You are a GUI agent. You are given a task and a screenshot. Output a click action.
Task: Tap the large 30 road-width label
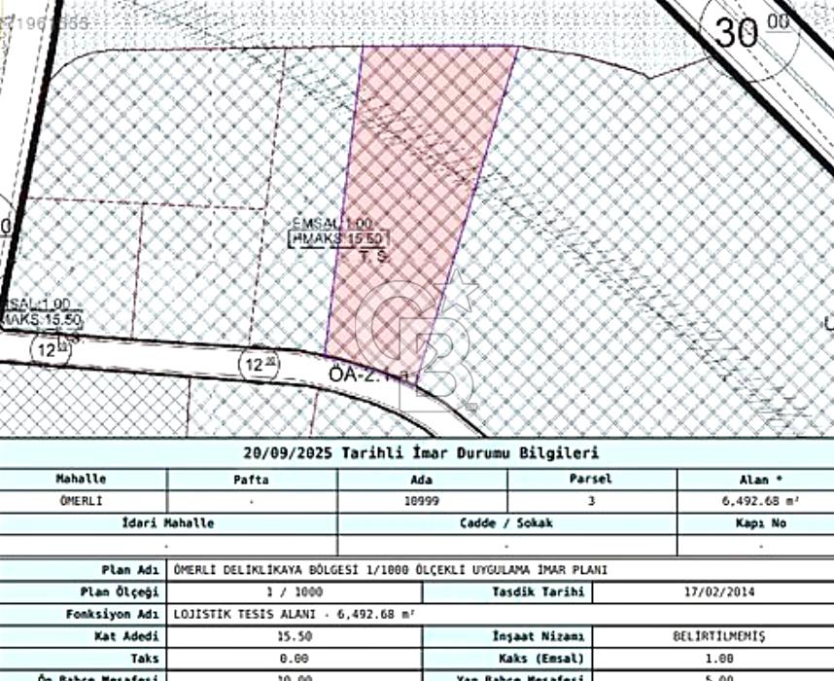(x=738, y=31)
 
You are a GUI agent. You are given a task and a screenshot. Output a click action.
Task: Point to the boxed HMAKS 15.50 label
(x=339, y=238)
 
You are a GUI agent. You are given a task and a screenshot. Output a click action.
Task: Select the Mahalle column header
(x=82, y=479)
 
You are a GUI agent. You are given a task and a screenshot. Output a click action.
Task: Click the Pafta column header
(x=251, y=479)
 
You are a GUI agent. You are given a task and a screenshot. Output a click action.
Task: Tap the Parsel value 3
(x=590, y=501)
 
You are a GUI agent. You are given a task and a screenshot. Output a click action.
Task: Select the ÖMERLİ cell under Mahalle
(x=82, y=501)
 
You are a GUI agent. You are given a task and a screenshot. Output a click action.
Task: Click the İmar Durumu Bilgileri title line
(x=421, y=453)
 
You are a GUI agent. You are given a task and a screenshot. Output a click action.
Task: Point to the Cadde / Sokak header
(x=505, y=523)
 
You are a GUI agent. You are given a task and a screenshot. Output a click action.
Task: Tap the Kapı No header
(x=754, y=523)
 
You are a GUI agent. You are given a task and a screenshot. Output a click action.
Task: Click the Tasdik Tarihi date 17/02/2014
(x=718, y=591)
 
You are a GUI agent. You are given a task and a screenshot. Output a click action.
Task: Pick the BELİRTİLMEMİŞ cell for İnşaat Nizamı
(x=718, y=636)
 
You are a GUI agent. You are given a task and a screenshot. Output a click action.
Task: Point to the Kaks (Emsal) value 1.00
(x=718, y=659)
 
